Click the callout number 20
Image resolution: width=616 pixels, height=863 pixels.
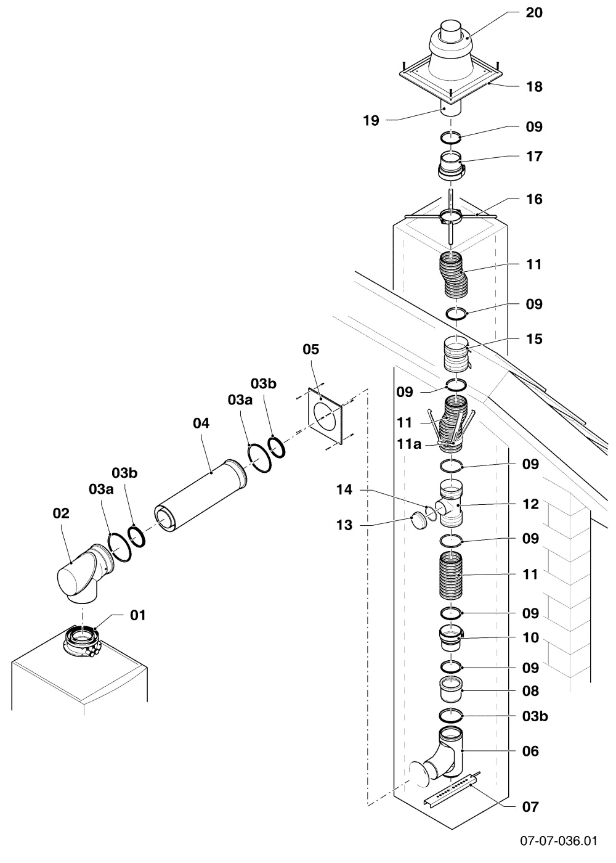(534, 13)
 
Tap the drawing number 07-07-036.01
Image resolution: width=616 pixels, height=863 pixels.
(559, 840)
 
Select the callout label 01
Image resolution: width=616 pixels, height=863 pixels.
(138, 615)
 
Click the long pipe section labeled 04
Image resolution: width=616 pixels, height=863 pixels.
(200, 497)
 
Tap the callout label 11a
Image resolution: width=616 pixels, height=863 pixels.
(409, 444)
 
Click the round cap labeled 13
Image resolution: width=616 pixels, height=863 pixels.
(418, 520)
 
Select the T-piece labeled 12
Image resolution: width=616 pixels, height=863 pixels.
(450, 504)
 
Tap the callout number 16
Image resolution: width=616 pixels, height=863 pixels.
(534, 199)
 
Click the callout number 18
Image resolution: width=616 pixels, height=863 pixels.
(534, 87)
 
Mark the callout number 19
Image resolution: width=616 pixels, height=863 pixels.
(371, 121)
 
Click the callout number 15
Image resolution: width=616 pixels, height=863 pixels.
(534, 339)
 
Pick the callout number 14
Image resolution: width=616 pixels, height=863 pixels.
(344, 489)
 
